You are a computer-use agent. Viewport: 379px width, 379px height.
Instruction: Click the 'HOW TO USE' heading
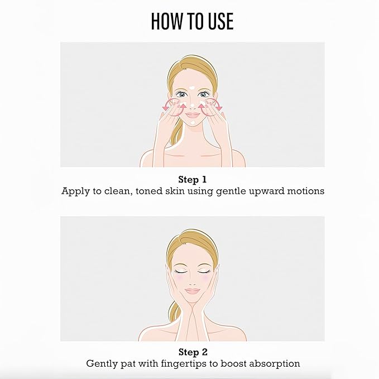(192, 21)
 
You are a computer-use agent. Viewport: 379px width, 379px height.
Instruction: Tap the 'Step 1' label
(193, 180)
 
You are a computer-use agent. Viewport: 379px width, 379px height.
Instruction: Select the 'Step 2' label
(193, 352)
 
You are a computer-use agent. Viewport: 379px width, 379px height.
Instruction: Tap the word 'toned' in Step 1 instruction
(149, 191)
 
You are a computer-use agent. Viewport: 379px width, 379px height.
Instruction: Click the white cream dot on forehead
(192, 88)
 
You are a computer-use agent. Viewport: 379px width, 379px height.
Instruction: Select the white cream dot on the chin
(193, 123)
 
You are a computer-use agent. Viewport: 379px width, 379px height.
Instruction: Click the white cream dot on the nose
(193, 105)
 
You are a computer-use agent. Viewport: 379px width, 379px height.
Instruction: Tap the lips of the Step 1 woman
(193, 114)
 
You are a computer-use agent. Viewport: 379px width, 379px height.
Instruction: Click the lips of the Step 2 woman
(192, 291)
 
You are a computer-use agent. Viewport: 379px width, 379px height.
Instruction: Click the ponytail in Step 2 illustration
(175, 312)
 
